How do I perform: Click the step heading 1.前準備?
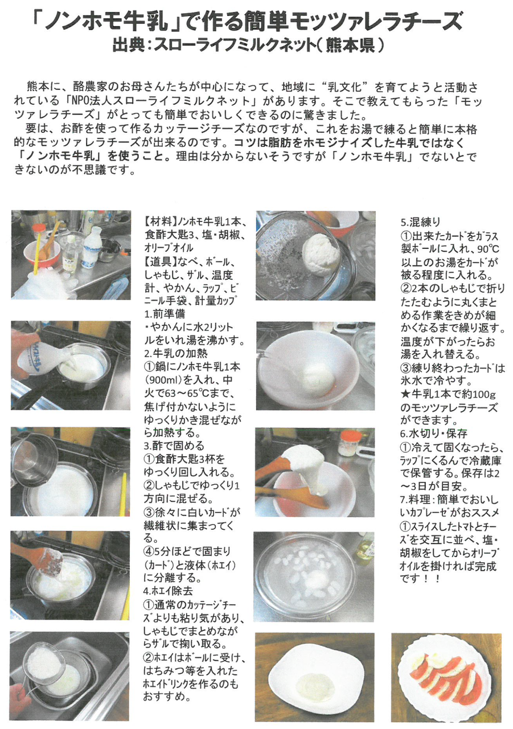[165, 314]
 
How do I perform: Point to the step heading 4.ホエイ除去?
[169, 591]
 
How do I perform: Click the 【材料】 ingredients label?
[161, 222]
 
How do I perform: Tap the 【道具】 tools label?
[161, 261]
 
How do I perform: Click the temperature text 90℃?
[488, 249]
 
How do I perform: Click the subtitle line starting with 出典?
[248, 46]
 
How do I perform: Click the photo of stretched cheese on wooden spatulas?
[314, 473]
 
